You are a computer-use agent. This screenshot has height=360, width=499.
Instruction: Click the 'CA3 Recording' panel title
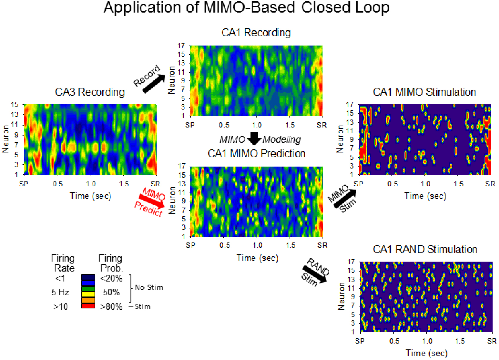coord(90,92)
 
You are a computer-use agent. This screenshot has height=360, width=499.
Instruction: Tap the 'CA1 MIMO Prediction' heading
coord(257,153)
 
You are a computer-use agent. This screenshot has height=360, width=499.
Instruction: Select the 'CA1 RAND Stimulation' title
coord(425,249)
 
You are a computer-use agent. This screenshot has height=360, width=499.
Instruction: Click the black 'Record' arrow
coord(154,84)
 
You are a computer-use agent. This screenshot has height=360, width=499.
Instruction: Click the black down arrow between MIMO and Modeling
coord(254,138)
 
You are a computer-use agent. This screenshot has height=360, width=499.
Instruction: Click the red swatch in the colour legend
coord(88,306)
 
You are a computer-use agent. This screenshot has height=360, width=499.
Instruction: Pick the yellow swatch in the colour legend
coord(88,294)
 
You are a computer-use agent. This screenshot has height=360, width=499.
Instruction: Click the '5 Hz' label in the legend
coord(60,292)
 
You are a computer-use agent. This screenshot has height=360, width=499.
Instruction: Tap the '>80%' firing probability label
coord(111,307)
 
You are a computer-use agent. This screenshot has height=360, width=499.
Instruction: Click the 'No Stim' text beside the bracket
coord(149,288)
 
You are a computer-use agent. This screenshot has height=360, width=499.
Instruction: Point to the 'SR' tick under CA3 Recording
coord(155,184)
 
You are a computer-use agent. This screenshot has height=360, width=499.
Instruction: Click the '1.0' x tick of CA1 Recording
coord(257,125)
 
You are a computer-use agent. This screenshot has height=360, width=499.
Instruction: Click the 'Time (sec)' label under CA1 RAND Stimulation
coord(426,353)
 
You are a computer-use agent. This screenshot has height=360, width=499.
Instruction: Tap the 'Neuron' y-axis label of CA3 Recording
coord(6,139)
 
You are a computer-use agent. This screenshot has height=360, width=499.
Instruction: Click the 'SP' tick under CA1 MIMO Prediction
coord(191,245)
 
